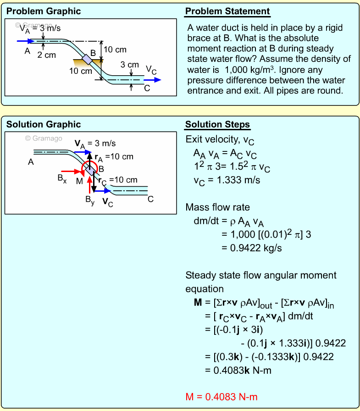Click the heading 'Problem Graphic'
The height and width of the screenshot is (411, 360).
click(x=44, y=11)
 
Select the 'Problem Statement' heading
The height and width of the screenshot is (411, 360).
click(x=227, y=11)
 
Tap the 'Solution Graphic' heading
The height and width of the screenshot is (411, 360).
click(x=44, y=124)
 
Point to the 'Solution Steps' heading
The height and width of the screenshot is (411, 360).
click(x=218, y=125)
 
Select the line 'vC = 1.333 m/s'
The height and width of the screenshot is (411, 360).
click(x=227, y=180)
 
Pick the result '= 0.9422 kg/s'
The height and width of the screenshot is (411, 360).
click(x=251, y=248)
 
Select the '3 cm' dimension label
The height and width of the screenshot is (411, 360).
click(x=129, y=65)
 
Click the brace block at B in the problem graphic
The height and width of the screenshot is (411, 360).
click(x=86, y=59)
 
